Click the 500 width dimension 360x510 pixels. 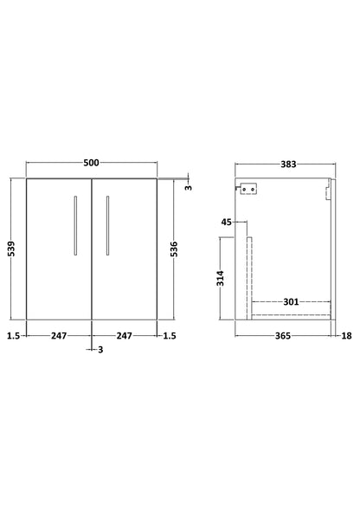pos(92,162)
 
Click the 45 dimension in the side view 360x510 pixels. pos(227,223)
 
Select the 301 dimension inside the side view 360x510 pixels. pos(290,302)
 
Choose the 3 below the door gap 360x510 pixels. pos(101,351)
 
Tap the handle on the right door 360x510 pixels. pos(106,225)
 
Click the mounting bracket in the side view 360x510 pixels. pos(251,189)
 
